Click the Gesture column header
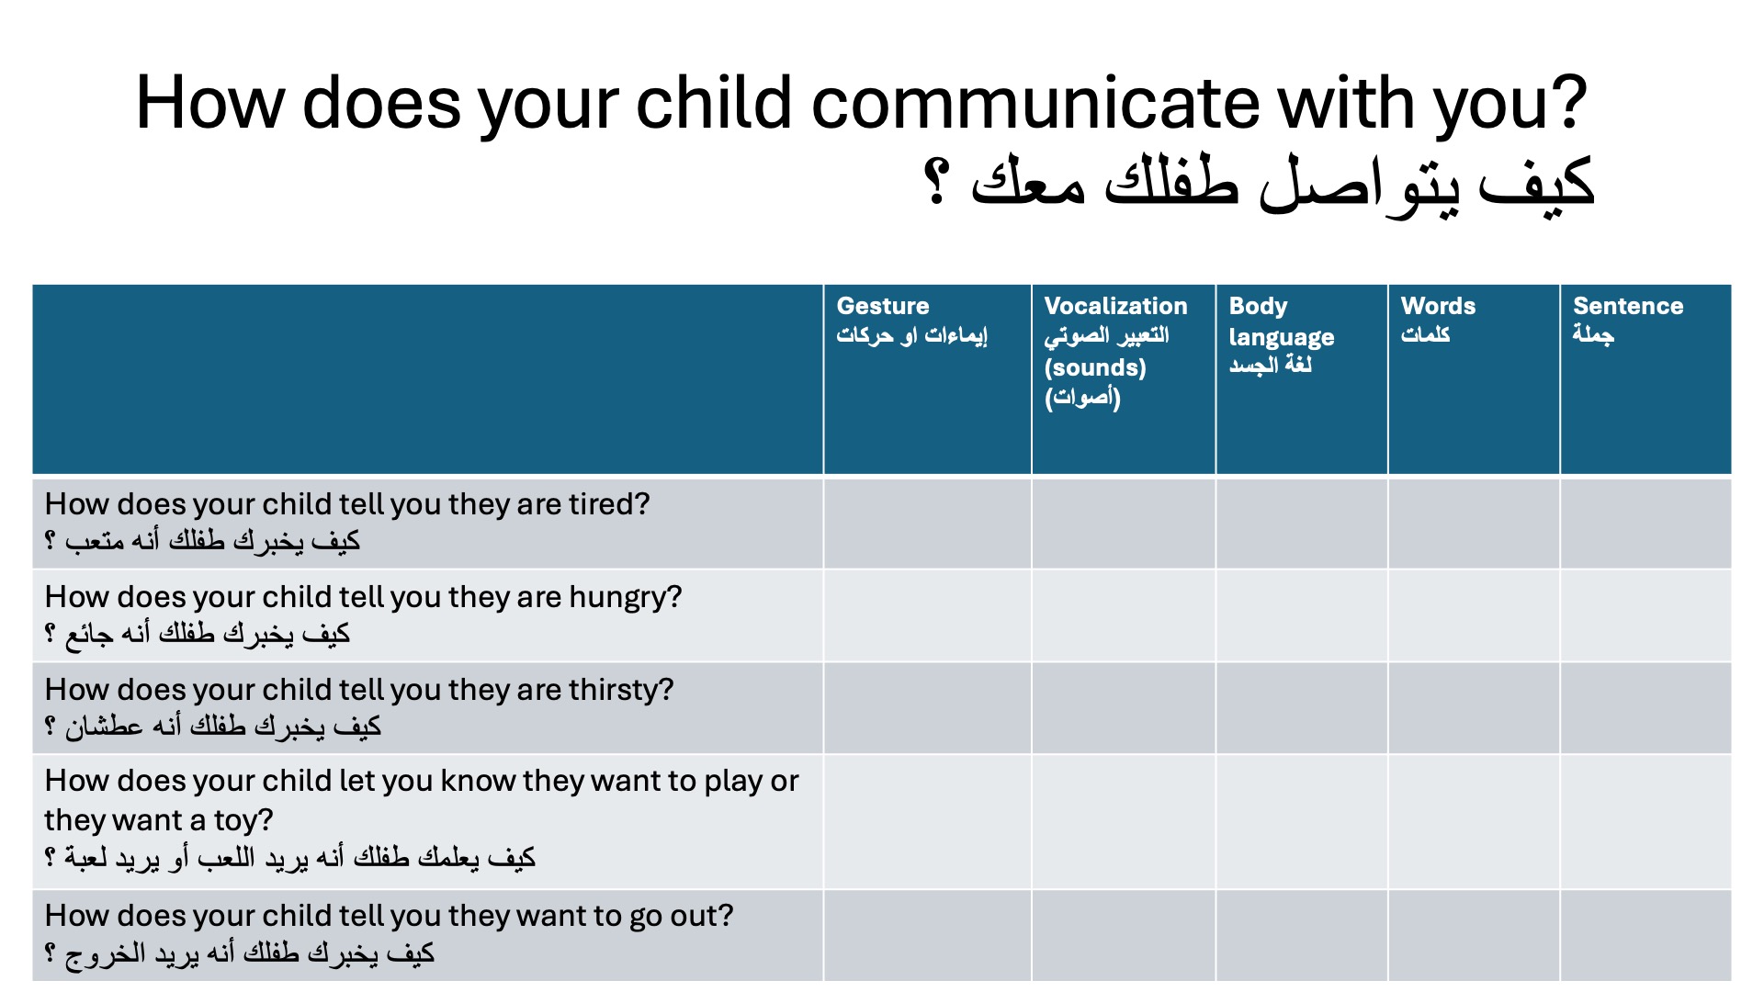point(927,379)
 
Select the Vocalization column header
point(1124,379)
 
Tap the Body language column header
point(1302,379)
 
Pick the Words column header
point(1474,379)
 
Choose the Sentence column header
point(1645,379)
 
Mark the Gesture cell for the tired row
point(927,524)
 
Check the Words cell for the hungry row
point(1474,615)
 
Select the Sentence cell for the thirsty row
point(1645,708)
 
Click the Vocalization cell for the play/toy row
point(1124,822)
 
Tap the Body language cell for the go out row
point(1302,935)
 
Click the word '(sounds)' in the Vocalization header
point(1095,367)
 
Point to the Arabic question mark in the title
point(936,181)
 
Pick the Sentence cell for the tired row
point(1645,524)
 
